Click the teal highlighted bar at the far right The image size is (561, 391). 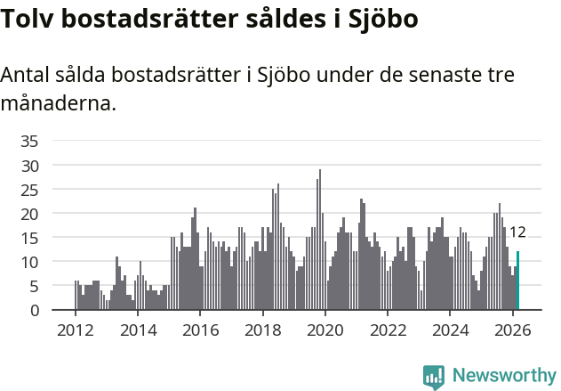click(517, 281)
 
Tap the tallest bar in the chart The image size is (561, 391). click(320, 240)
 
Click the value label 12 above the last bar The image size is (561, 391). click(517, 232)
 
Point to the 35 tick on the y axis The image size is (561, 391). click(29, 141)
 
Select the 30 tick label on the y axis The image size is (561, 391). click(29, 166)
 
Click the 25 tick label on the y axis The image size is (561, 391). click(29, 190)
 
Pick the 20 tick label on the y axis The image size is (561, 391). click(29, 214)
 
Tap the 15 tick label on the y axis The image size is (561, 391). click(29, 238)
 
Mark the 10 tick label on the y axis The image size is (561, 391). click(29, 262)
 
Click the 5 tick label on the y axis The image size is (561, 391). click(34, 286)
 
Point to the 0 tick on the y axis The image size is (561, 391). click(34, 310)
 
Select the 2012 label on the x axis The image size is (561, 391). click(75, 330)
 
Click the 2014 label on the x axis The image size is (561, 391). click(137, 330)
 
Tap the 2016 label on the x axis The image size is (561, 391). click(200, 330)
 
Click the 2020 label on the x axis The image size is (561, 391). click(325, 330)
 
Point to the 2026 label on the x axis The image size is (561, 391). click(513, 330)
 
